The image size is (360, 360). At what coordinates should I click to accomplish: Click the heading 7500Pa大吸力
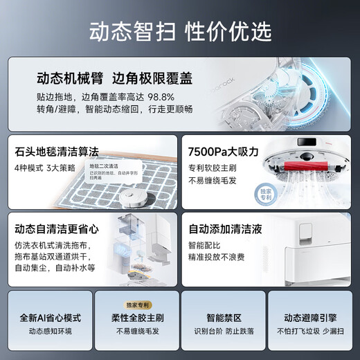[224, 150]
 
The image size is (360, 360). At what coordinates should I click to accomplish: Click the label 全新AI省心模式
[51, 318]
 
